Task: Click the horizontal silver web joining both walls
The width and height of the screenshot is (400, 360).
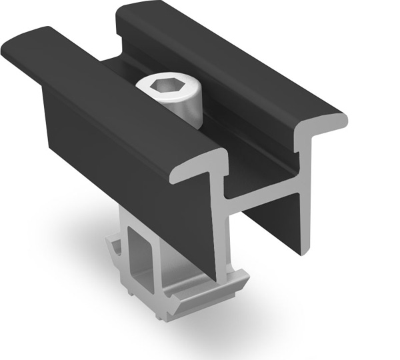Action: [x=267, y=194]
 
